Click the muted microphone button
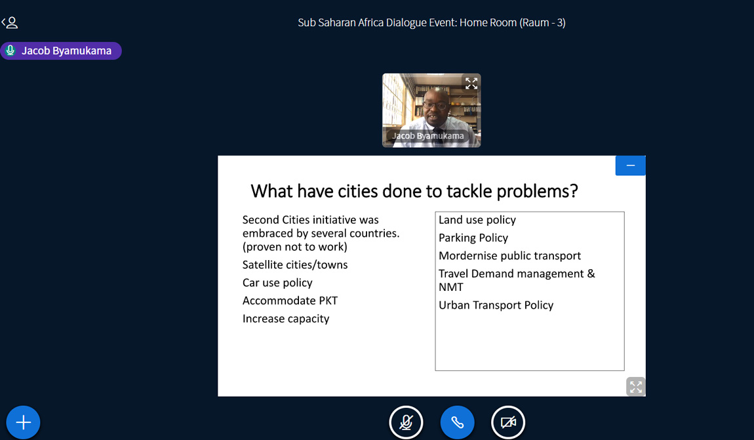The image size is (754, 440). tap(406, 423)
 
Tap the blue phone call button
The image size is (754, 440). tap(457, 423)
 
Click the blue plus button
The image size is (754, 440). tap(23, 423)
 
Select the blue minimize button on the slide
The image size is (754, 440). tap(631, 165)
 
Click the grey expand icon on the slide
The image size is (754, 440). tap(636, 387)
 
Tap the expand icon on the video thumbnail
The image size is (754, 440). tap(471, 83)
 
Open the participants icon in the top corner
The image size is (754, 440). tap(10, 22)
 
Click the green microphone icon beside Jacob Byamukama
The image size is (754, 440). tap(10, 51)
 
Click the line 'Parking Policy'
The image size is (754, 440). tap(473, 238)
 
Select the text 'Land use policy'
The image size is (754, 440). tap(477, 220)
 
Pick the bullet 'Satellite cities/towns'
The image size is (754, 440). tap(295, 265)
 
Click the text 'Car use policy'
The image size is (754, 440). tap(277, 282)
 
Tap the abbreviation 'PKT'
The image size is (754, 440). tap(328, 301)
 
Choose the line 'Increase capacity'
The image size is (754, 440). tap(286, 319)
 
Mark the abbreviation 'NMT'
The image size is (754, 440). tap(451, 288)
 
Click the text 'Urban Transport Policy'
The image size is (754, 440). tap(496, 305)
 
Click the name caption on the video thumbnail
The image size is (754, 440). tap(428, 136)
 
